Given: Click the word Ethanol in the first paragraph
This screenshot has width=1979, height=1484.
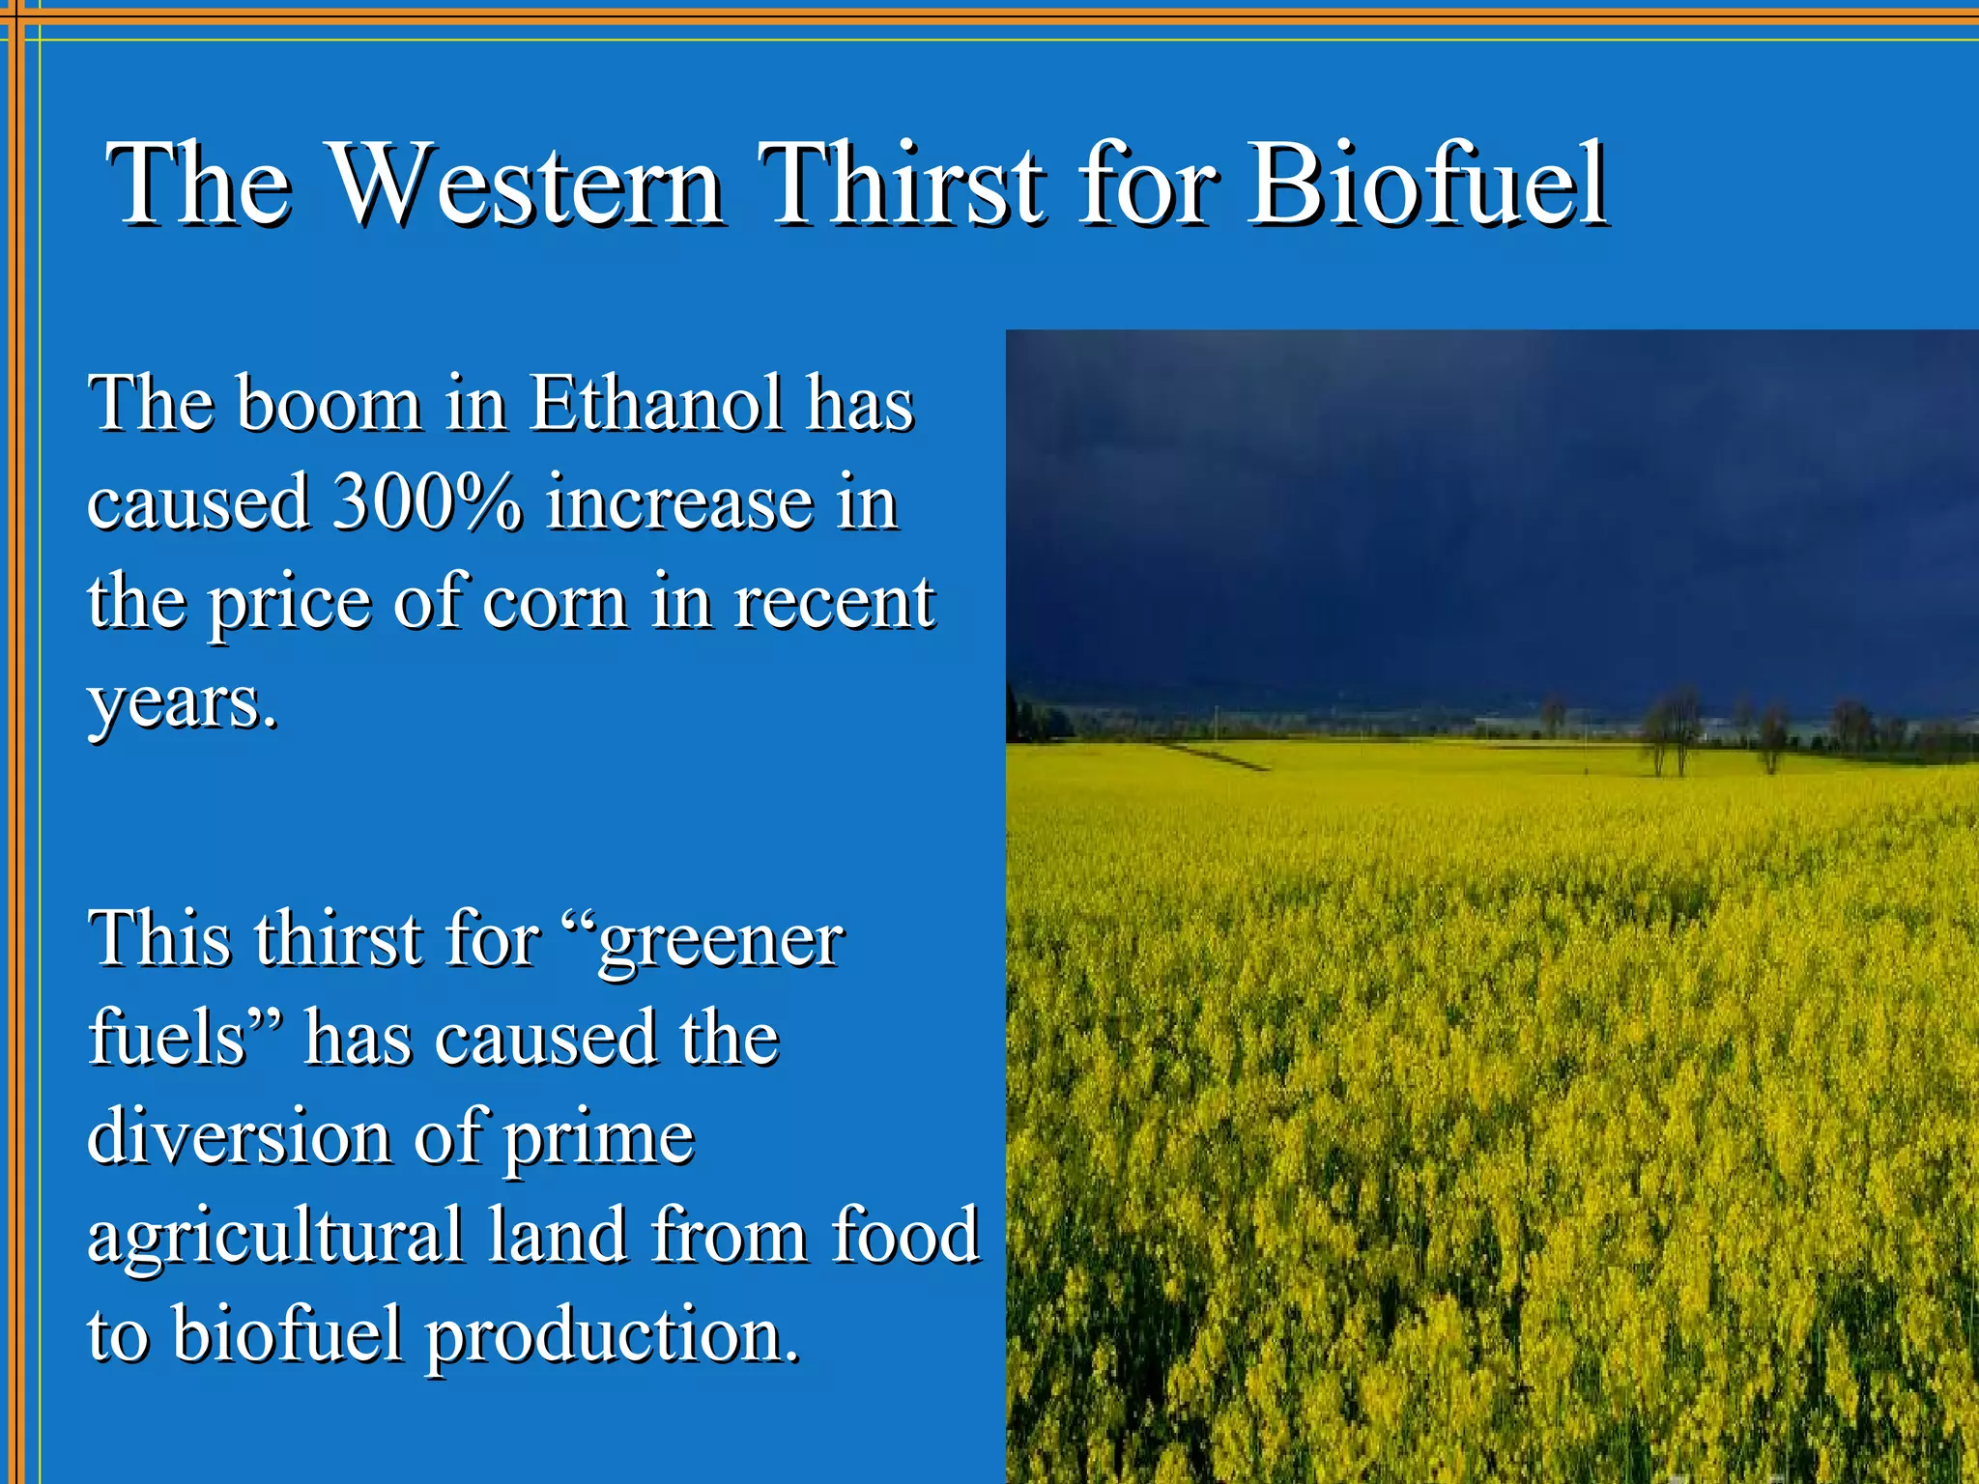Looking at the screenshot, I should click(656, 404).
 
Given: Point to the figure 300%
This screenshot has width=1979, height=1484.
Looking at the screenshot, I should click(426, 502).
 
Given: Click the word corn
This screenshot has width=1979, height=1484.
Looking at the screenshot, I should click(555, 603).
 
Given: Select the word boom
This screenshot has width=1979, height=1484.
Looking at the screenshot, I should click(329, 404).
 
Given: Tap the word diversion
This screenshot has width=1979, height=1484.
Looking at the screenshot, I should click(239, 1137).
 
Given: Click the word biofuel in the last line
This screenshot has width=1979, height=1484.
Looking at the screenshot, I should click(287, 1335).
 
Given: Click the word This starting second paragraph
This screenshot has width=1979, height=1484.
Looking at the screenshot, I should click(159, 939).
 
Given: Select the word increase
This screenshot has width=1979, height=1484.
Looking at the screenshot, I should click(679, 504).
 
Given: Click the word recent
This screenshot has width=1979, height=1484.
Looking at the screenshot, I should click(834, 603).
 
